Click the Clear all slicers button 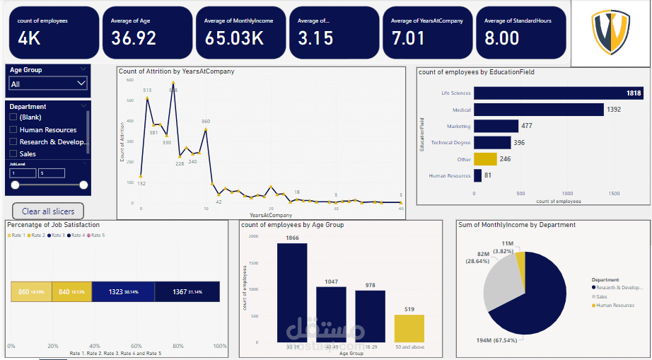click(x=48, y=211)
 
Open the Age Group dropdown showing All click(x=47, y=84)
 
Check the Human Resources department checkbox click(x=13, y=130)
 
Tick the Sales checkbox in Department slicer click(x=13, y=153)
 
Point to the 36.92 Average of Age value click(x=134, y=38)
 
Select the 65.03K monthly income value click(x=234, y=38)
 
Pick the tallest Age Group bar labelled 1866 click(x=291, y=293)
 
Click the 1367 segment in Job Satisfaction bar click(x=187, y=291)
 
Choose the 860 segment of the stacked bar click(x=31, y=291)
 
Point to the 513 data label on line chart click(x=147, y=91)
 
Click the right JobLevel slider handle click(x=83, y=185)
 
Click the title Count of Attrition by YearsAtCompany click(x=177, y=71)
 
